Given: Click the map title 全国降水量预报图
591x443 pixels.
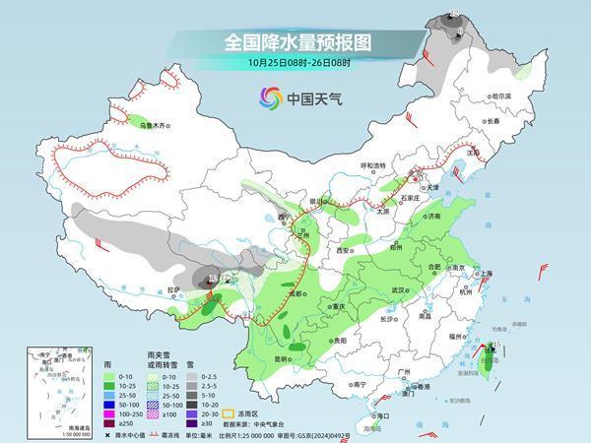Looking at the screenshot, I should (295, 42).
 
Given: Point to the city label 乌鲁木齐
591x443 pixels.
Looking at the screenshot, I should (157, 126).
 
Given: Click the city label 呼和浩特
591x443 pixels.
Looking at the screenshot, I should (375, 165).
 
